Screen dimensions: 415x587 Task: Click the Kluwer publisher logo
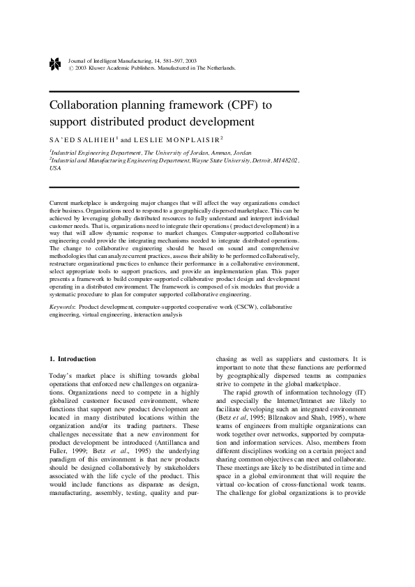point(55,64)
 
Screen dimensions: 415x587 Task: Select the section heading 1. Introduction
point(72,359)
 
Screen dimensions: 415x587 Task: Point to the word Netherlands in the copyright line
point(220,68)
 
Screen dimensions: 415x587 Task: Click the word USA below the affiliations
point(55,169)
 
